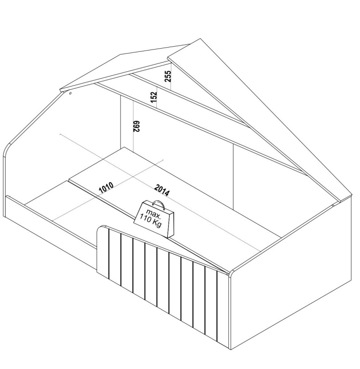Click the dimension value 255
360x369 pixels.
tap(168, 76)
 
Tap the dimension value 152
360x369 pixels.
tap(153, 97)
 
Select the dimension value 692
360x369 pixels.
tap(137, 126)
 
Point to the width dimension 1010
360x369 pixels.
tap(106, 187)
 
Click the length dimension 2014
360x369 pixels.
tap(162, 191)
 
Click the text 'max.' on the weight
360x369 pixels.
tap(153, 213)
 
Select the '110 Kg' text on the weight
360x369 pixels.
tap(150, 220)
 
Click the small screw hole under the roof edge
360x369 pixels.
tap(70, 93)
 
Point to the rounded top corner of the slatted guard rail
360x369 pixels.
tap(100, 228)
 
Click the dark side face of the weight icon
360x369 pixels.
tap(171, 225)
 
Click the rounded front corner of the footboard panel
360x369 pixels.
tap(232, 273)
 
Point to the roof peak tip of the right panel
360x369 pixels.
tap(201, 39)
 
